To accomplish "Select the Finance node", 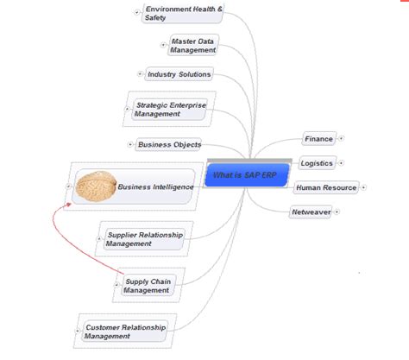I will (318, 138).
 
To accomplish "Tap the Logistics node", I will (317, 162).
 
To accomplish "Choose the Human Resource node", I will (324, 187).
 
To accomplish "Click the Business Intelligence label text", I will (155, 186).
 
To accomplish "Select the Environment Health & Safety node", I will (184, 13).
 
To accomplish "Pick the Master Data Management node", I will (192, 45).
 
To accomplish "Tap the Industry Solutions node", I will (178, 74).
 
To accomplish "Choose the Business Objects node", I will (171, 144).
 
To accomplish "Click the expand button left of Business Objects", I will (130, 144).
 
